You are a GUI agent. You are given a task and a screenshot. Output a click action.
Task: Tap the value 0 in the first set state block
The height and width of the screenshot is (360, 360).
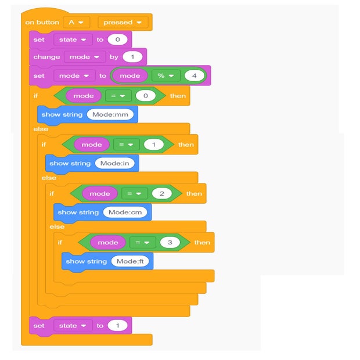[x=117, y=39]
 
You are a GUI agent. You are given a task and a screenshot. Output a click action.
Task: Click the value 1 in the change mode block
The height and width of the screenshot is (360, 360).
[x=132, y=57]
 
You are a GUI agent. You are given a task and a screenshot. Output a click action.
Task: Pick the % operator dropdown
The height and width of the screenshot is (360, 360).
[x=166, y=75]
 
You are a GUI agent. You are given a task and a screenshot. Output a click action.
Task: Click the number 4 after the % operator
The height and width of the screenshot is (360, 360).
[x=194, y=75]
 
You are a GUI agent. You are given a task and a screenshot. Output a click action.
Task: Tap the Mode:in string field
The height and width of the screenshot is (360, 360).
[x=116, y=163]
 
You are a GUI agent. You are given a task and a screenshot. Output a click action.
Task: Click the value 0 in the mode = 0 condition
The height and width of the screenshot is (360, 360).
[x=145, y=96]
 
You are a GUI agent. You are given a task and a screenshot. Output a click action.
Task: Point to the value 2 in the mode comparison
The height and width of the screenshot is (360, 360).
[x=161, y=193]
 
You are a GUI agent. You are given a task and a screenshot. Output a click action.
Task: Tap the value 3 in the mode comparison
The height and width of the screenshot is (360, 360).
[x=170, y=243]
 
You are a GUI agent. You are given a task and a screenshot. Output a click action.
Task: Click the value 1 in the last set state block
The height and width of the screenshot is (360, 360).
[x=117, y=326]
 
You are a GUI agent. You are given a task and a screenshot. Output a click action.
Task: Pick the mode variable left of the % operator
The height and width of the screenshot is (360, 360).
[x=129, y=75]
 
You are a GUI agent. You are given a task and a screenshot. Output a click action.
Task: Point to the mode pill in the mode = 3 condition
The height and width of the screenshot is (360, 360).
[x=107, y=243]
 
